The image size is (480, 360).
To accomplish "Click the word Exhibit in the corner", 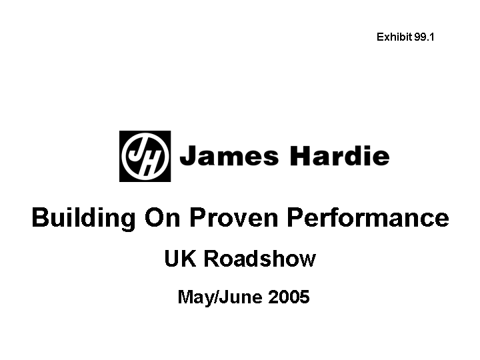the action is coord(394,37).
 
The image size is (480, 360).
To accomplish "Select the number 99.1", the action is coord(424,37).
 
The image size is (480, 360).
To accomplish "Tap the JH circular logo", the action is coord(145,156).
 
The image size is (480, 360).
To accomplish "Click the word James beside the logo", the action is coord(229,155).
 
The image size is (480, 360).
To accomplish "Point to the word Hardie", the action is coord(339,155).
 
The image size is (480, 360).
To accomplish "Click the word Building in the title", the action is coord(83,218).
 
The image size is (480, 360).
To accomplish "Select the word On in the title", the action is coord(162,217).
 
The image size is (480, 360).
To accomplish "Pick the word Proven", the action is coord(233,217).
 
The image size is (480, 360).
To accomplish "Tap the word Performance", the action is coord(368,217).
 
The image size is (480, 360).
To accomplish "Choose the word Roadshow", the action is coord(259,259).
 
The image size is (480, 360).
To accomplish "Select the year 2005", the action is coord(289,297).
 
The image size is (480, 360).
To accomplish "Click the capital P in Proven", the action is coord(199,217).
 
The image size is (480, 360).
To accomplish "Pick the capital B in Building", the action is coord(41,217).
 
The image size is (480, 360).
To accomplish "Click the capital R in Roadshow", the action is coord(212,259).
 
